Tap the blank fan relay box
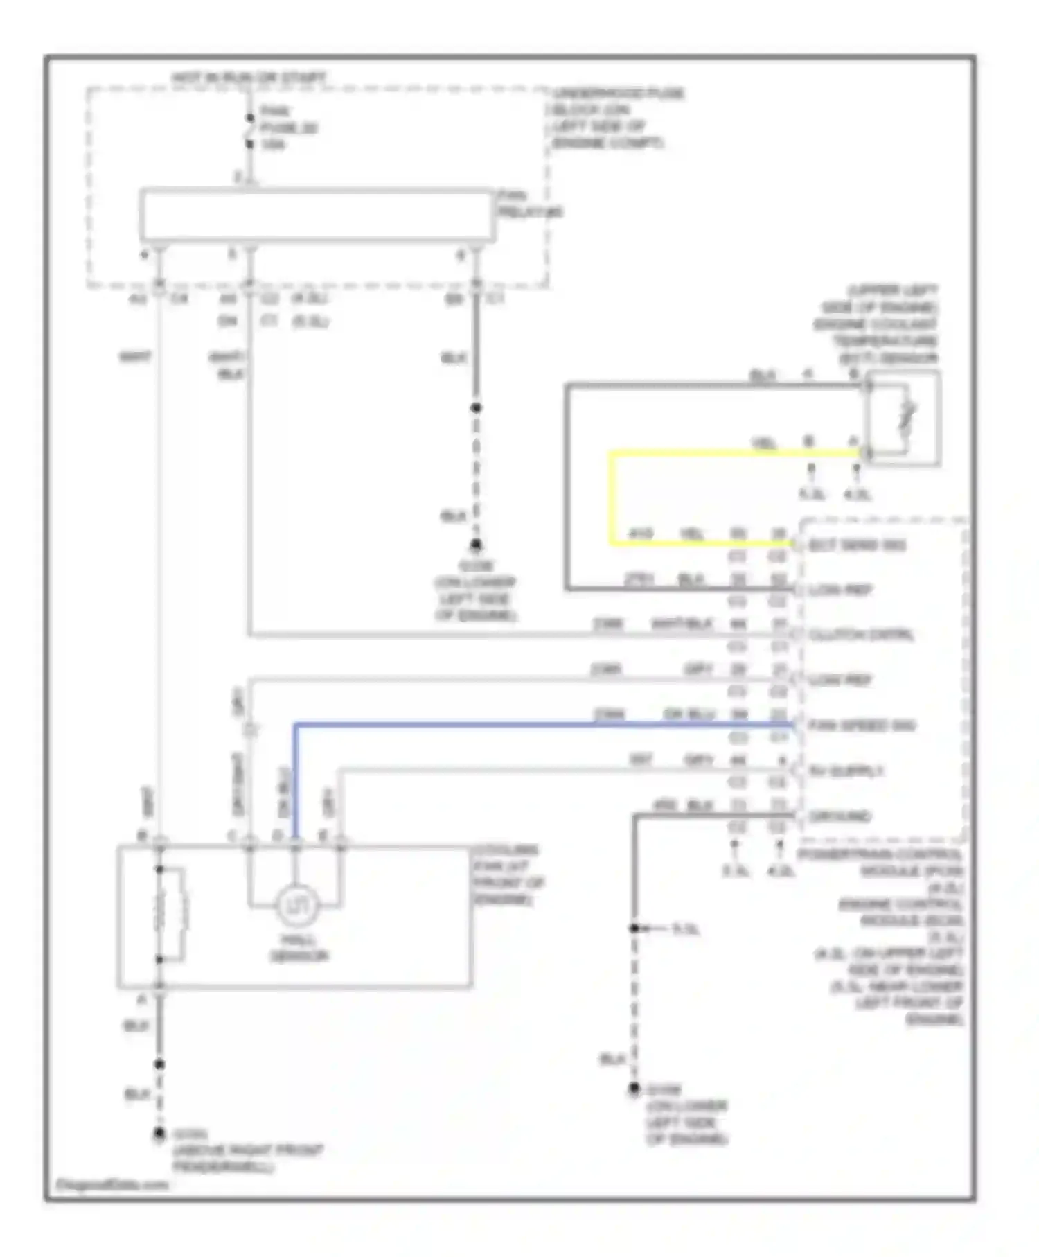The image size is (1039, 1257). click(317, 215)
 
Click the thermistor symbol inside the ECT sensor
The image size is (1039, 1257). click(906, 418)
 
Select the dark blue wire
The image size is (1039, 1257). click(540, 725)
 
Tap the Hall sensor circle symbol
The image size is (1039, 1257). click(296, 906)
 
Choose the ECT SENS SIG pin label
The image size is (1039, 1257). click(857, 545)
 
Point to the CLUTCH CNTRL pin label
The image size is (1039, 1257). click(861, 635)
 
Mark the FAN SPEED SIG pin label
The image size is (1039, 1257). click(862, 726)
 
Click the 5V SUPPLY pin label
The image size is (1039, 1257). click(846, 771)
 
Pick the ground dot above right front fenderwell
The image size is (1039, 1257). click(159, 1134)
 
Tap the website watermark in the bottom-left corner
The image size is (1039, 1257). click(111, 1185)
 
